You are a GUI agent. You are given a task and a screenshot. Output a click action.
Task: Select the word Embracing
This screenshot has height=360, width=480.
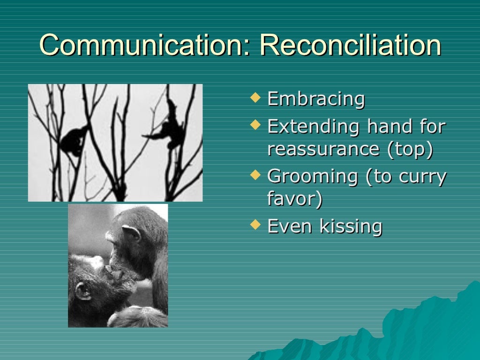click(x=316, y=99)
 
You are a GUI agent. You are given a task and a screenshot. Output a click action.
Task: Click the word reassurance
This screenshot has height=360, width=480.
click(x=323, y=149)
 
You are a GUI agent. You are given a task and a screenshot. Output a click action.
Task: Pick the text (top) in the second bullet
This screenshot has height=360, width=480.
click(x=410, y=149)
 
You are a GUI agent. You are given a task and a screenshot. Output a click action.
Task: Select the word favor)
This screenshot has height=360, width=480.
click(x=295, y=199)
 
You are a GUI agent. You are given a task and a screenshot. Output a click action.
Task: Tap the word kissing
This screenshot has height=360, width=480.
click(x=351, y=226)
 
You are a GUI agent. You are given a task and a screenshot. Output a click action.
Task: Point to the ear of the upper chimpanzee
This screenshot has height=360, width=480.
click(x=131, y=233)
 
